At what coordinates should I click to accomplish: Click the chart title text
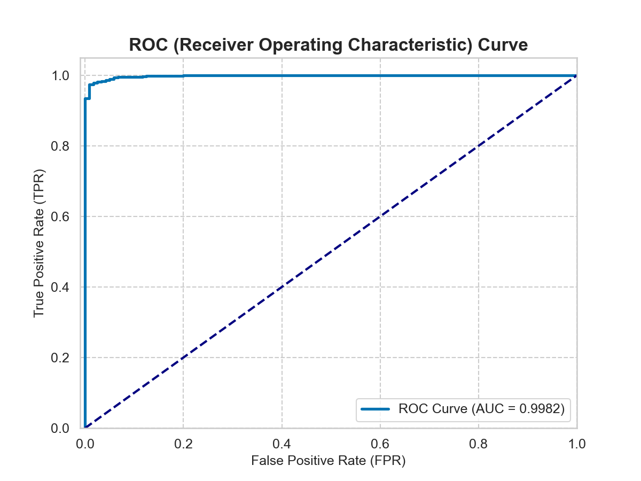[329, 45]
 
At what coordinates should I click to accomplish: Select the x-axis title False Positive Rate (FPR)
[329, 460]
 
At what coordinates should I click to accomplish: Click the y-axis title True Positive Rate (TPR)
[39, 243]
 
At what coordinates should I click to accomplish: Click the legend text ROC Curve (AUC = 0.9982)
[481, 409]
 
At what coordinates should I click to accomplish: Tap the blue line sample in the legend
[377, 409]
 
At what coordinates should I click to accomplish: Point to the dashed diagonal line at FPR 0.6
[380, 216]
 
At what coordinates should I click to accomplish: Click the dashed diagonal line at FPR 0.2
[183, 358]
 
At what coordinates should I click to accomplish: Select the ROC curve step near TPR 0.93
[87, 98]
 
